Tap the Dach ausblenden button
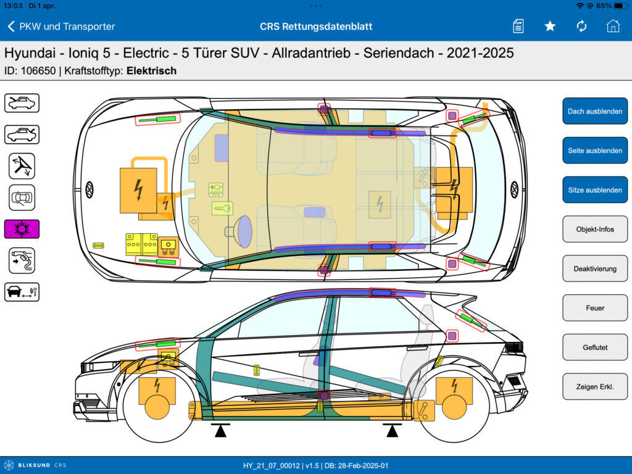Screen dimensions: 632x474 (595, 111)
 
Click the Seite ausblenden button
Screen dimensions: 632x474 (595, 151)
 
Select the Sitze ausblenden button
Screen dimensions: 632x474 (595, 190)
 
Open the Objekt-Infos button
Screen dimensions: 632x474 (595, 229)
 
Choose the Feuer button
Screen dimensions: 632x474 (595, 308)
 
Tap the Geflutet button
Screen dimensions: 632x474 (595, 347)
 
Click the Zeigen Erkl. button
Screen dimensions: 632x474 (595, 386)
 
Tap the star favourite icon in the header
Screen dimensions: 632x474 (550, 27)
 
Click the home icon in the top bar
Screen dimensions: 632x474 (613, 26)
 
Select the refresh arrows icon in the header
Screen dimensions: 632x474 (581, 27)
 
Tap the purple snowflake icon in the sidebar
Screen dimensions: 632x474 (22, 229)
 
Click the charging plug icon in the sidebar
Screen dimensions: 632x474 (22, 260)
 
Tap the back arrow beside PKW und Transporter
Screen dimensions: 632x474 (11, 27)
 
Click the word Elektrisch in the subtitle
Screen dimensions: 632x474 (152, 71)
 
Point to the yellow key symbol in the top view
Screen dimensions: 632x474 (222, 209)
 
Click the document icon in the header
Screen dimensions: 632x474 (518, 27)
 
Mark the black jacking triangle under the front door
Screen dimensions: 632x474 (220, 430)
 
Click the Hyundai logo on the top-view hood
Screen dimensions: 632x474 (89, 190)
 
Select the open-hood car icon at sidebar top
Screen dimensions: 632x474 (22, 103)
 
